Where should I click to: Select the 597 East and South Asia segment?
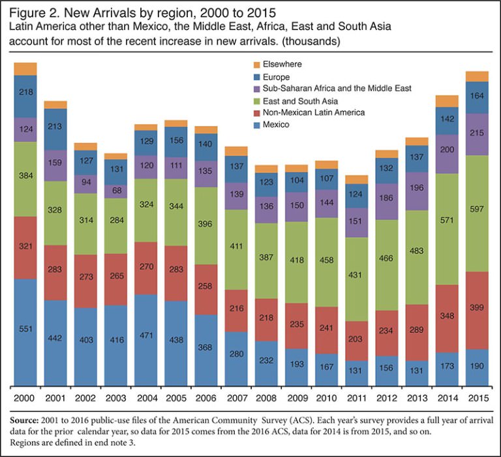pyautogui.click(x=477, y=213)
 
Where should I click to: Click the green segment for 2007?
pyautogui.click(x=236, y=249)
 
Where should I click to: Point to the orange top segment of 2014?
pyautogui.click(x=447, y=101)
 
